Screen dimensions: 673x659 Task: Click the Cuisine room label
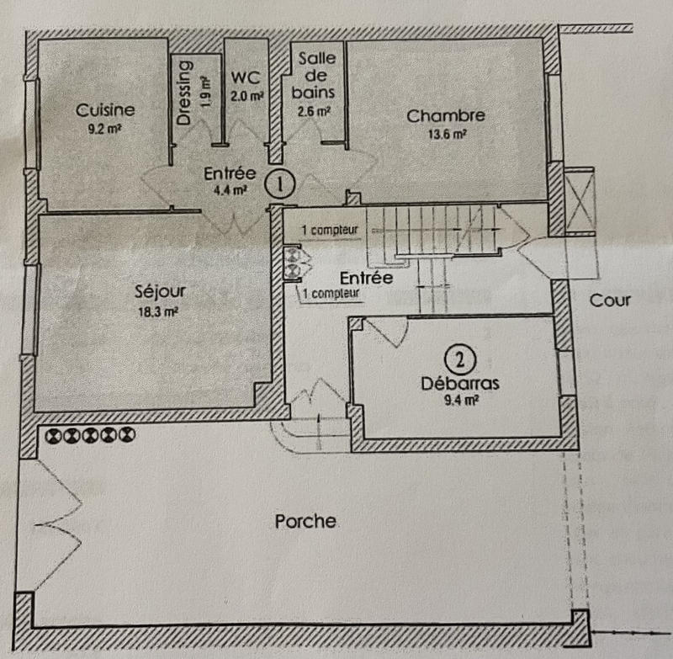[x=105, y=110]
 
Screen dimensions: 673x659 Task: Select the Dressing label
[x=183, y=93]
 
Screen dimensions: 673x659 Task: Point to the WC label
[x=246, y=77]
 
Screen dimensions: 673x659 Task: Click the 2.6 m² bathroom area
[x=314, y=112]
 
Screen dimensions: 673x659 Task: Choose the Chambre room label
[x=446, y=116]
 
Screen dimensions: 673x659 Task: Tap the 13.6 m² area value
[x=447, y=135]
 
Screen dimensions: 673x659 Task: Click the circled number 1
[x=280, y=183]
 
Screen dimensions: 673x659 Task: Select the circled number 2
[x=460, y=359]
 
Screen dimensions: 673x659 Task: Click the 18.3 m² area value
[x=158, y=311]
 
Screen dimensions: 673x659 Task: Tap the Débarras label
[x=460, y=384]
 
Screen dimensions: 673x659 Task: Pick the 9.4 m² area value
[x=461, y=401]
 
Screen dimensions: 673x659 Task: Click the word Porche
[x=305, y=521]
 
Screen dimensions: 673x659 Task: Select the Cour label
[x=610, y=300]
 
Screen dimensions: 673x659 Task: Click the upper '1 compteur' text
[x=330, y=230]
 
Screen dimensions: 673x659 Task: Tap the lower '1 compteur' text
[x=331, y=294]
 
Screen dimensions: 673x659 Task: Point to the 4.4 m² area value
[x=231, y=190]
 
